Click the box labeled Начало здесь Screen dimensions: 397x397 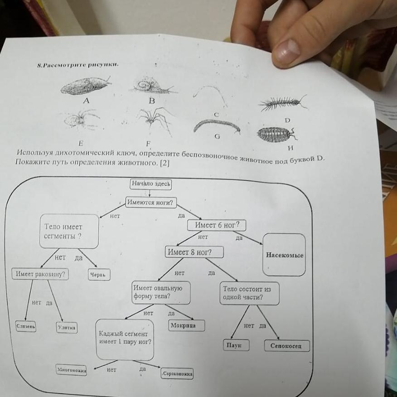[x=151, y=184]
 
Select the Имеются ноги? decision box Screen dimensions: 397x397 [x=151, y=202]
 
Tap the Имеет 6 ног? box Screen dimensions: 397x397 [x=217, y=225]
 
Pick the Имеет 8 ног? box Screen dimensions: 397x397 [x=194, y=252]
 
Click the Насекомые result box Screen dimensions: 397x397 [x=284, y=255]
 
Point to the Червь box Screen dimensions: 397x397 [x=99, y=275]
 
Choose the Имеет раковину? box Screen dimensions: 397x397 [x=40, y=274]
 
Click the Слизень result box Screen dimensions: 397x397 [x=26, y=326]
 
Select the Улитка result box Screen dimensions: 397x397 [x=67, y=328]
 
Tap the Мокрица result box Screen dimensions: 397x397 [x=187, y=325]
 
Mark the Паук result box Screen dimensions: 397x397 [x=236, y=345]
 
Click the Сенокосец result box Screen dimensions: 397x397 [x=287, y=346]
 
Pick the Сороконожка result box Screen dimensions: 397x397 [x=177, y=374]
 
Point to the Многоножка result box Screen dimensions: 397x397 [x=71, y=370]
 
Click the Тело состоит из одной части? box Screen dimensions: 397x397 [x=249, y=293]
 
